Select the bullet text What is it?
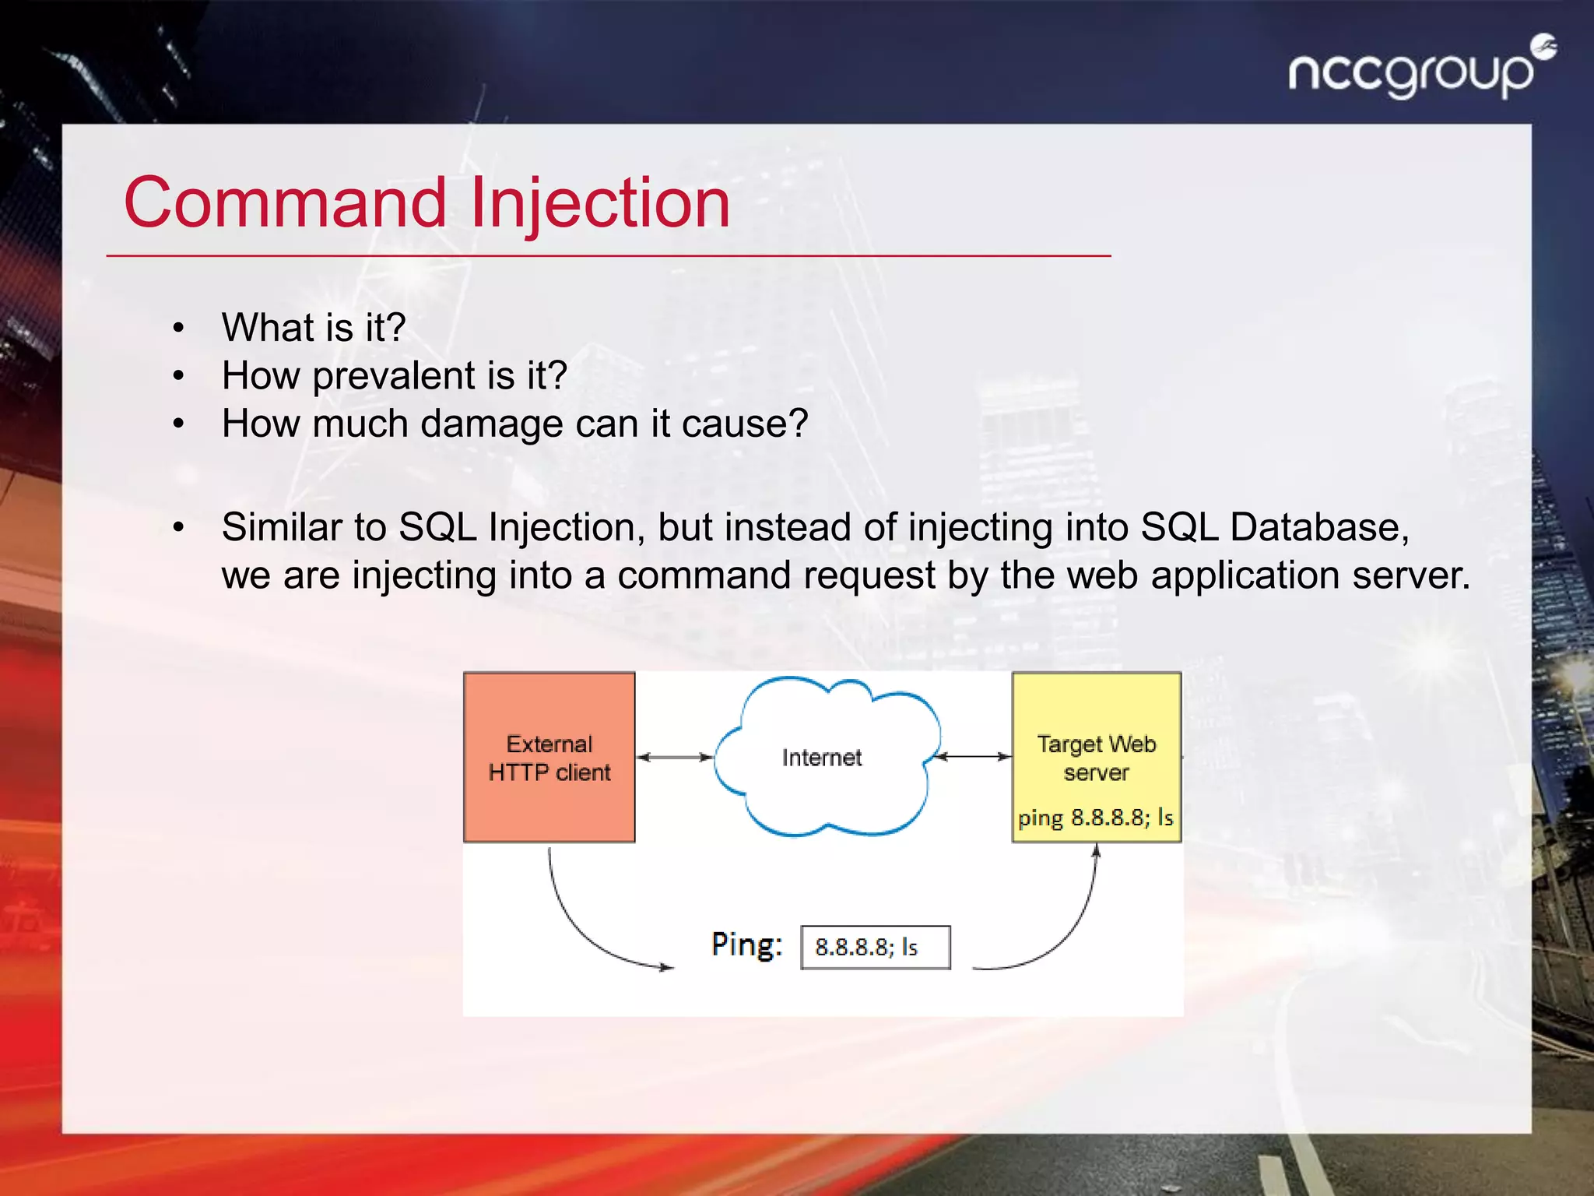(314, 328)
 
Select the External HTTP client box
(549, 757)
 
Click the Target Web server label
(1096, 757)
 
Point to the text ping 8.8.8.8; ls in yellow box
(1095, 818)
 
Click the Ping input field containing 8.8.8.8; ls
(876, 947)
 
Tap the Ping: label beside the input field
(746, 945)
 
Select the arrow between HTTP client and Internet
(675, 757)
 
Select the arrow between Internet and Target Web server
(973, 756)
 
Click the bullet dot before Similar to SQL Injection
(178, 529)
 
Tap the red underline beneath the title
(607, 255)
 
